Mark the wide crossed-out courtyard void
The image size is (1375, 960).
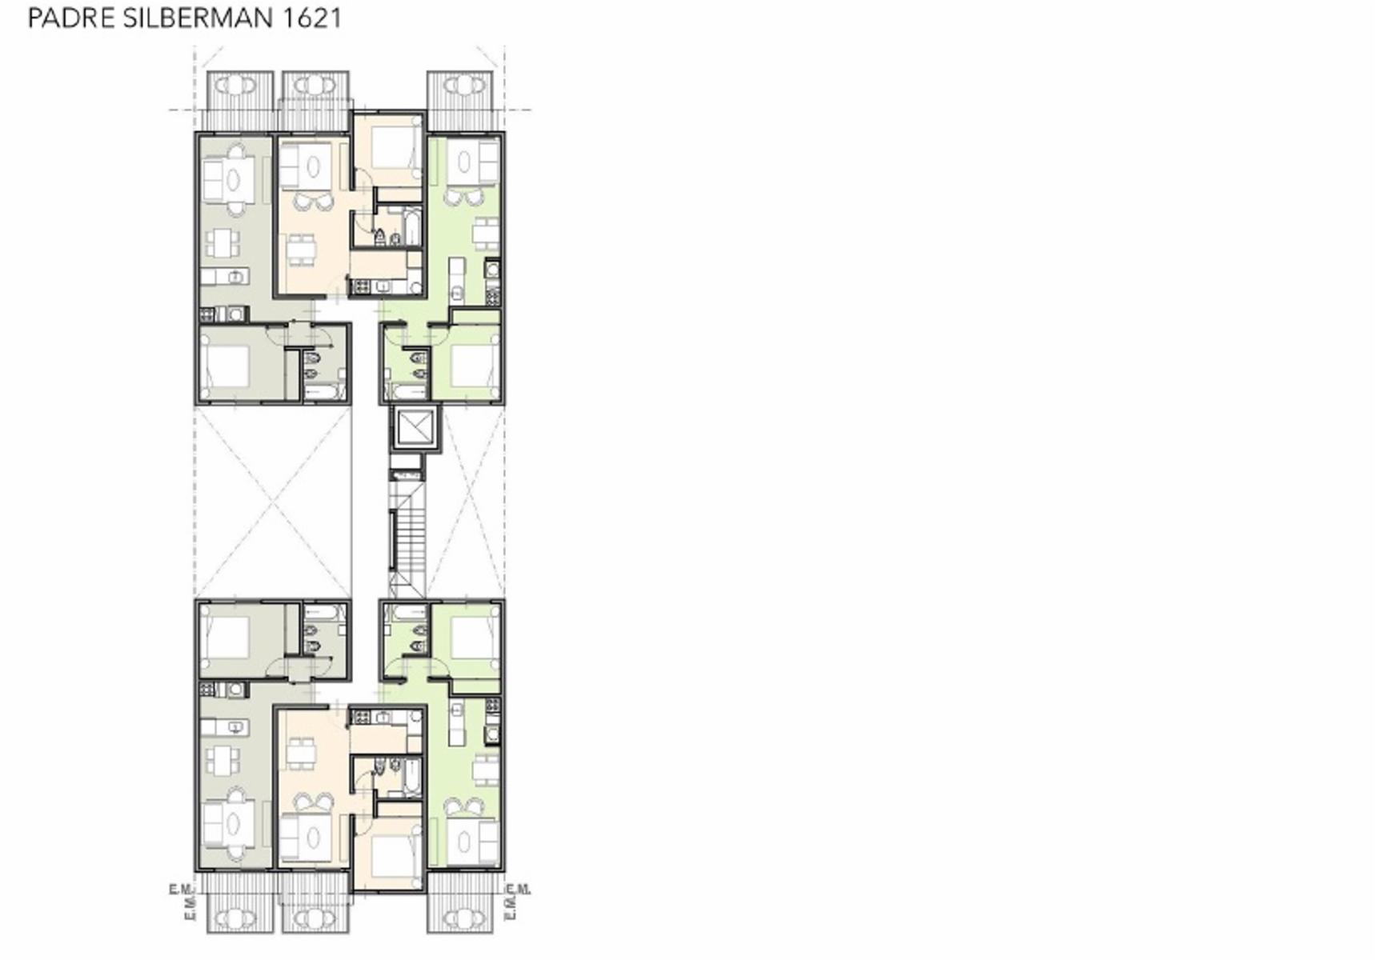273,502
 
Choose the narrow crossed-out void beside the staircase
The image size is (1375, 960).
472,502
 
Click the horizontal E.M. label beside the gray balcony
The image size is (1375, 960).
181,889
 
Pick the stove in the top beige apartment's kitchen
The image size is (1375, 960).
359,286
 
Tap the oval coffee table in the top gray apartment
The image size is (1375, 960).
232,179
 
